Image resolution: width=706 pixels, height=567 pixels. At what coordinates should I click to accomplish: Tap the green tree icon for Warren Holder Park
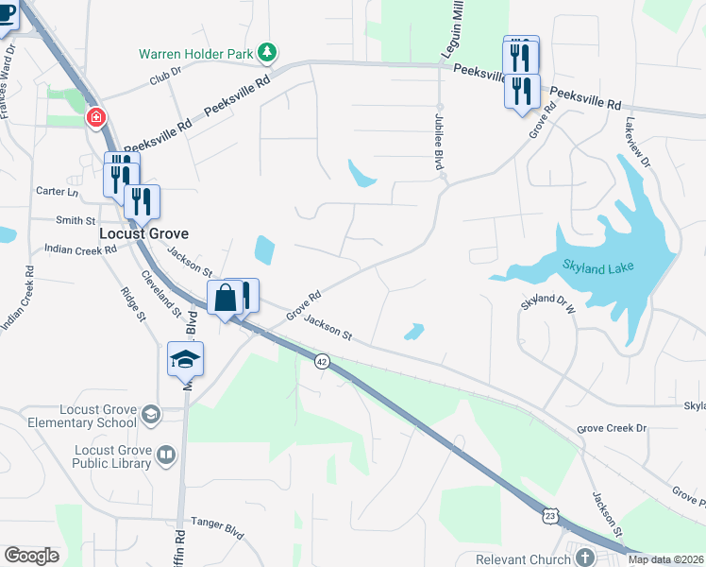pos(269,53)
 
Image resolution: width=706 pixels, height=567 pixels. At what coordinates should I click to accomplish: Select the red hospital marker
pos(95,118)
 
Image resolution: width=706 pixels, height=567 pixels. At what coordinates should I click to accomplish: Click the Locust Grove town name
pos(144,232)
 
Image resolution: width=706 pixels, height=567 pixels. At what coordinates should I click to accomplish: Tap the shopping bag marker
pos(227,299)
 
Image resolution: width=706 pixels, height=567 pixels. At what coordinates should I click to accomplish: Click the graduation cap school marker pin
pos(186,359)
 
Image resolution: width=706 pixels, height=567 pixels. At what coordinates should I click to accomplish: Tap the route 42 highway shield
pos(322,362)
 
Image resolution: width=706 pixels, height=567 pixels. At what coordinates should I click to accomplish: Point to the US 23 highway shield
pos(550,515)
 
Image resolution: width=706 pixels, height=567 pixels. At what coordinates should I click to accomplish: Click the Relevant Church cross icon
pos(585,558)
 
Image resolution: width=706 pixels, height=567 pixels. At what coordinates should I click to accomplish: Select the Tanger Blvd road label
pos(219,522)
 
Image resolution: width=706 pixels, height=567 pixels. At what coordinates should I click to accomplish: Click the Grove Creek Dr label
pos(613,428)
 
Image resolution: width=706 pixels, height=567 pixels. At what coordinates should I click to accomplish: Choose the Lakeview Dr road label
pos(637,142)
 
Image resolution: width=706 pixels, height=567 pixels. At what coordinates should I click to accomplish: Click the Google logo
pos(31,556)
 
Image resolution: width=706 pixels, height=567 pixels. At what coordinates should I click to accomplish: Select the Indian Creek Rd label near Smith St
pos(80,249)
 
